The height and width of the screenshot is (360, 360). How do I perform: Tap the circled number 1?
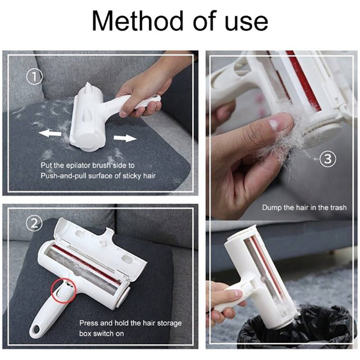tap(35, 77)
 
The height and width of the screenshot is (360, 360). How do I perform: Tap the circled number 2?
tap(34, 224)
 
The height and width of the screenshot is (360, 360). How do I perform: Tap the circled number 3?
tap(328, 159)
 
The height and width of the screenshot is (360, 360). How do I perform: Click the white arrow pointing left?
tap(50, 133)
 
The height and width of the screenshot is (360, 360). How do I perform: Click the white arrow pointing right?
tap(125, 138)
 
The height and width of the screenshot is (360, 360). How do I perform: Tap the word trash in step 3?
tap(338, 207)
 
